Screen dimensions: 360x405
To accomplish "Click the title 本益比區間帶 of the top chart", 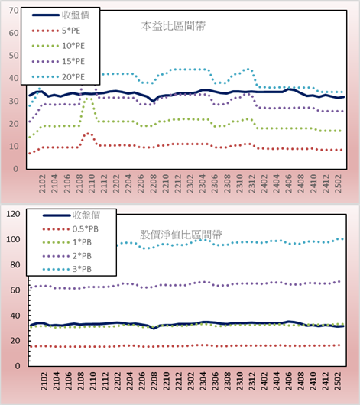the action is [x=174, y=26].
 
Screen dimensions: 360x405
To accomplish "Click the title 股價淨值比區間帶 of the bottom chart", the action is [x=181, y=235].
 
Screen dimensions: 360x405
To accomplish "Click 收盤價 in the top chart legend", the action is [x=76, y=15].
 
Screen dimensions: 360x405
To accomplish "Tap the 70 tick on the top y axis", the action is [x=14, y=11].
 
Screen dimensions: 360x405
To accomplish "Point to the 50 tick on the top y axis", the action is [x=14, y=56].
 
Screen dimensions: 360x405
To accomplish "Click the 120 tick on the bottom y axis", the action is [x=13, y=214].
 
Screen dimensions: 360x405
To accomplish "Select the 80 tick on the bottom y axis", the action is [x=15, y=264].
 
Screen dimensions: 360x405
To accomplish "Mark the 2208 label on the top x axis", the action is [x=154, y=183].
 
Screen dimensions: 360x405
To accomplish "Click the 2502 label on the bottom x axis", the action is [x=338, y=381].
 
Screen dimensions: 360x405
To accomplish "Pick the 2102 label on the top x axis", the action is [x=42, y=183].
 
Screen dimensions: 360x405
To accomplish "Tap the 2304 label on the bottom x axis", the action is [x=203, y=381].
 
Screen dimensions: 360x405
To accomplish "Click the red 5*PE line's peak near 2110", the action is [x=88, y=133].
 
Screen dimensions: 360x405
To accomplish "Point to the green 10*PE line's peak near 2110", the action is [x=88, y=99].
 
